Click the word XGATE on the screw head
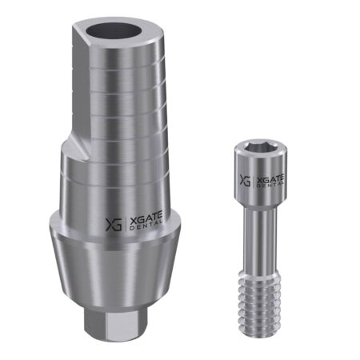pos(270,179)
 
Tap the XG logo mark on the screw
pos(245,180)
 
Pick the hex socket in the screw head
pos(258,146)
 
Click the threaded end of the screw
pos(259,300)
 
